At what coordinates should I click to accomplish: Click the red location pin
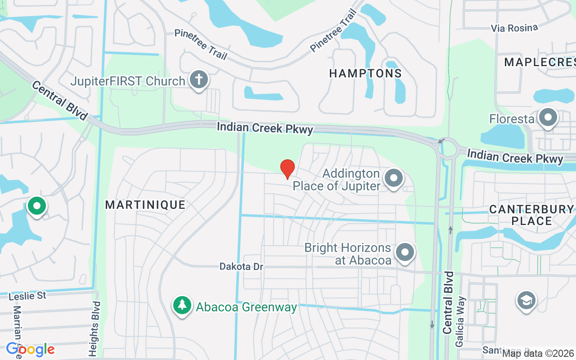(287, 169)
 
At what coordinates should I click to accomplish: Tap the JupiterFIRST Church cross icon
(198, 80)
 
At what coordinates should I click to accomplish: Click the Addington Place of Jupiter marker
(394, 178)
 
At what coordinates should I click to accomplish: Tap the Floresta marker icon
(548, 118)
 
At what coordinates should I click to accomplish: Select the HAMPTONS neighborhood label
(365, 73)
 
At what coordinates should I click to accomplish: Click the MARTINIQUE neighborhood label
(145, 205)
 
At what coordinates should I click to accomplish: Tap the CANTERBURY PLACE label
(531, 215)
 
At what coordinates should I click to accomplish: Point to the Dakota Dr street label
(241, 267)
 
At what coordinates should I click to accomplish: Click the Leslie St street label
(28, 296)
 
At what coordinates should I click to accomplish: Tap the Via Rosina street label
(514, 28)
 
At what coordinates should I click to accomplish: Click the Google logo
(30, 349)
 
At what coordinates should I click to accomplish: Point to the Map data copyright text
(538, 354)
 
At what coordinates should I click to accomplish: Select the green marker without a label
(37, 207)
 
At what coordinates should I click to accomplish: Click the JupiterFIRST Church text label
(128, 81)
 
